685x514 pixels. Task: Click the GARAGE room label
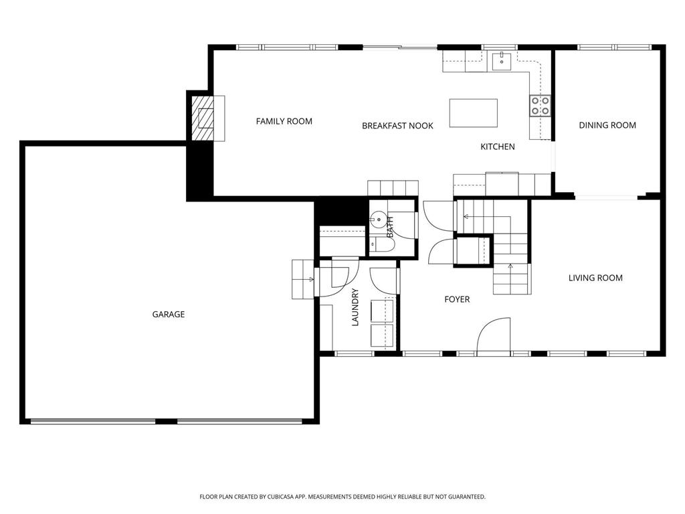(168, 315)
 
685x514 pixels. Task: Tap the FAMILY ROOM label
(284, 121)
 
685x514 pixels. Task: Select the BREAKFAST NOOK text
(397, 126)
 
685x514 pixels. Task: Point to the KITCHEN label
(498, 147)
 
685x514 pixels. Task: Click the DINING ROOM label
(607, 125)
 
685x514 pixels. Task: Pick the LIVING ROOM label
(595, 278)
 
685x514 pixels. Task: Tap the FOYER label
(457, 299)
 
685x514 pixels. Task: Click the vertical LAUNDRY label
(355, 307)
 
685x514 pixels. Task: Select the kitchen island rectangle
(474, 113)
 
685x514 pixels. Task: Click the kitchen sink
(502, 61)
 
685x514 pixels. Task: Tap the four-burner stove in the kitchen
(541, 106)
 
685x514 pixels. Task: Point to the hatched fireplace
(203, 118)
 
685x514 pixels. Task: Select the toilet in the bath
(382, 244)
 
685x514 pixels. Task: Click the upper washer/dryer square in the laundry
(382, 311)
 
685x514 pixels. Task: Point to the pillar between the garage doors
(166, 422)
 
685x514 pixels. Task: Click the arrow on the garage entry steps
(310, 279)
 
